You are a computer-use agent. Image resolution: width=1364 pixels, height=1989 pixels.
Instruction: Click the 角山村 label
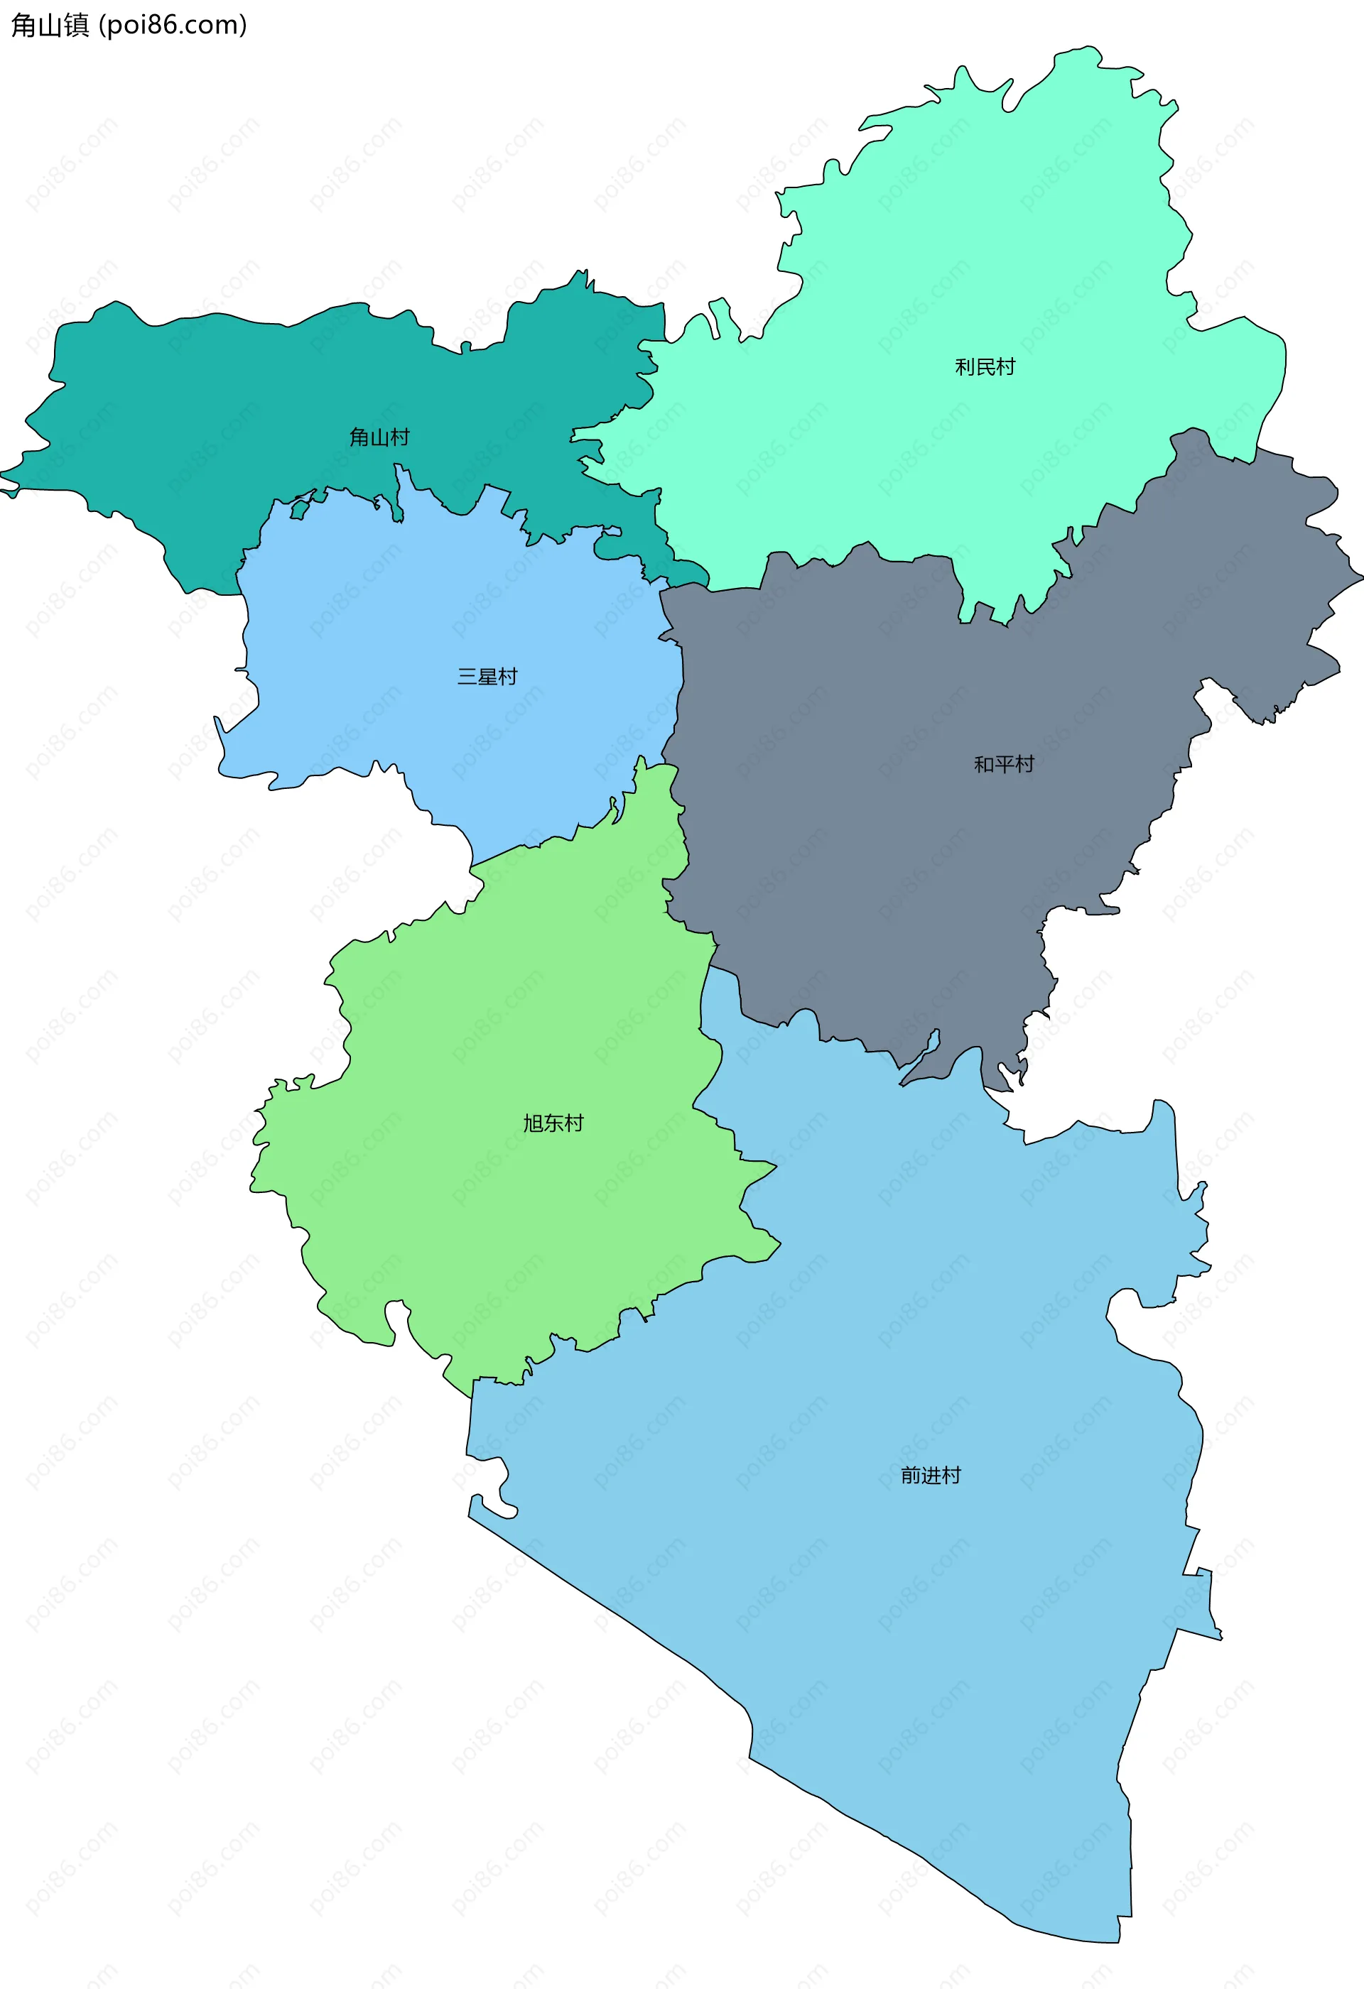coord(379,437)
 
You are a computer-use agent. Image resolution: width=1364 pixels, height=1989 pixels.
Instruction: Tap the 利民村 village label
coord(985,367)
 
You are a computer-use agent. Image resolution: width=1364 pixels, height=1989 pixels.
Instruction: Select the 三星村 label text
coord(487,677)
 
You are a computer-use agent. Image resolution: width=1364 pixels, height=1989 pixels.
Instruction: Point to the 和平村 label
coord(1004,764)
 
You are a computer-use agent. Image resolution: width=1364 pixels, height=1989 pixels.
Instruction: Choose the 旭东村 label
coord(553,1123)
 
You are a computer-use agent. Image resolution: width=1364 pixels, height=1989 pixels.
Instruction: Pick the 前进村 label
coord(931,1475)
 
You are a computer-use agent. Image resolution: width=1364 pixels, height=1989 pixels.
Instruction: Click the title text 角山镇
coord(50,26)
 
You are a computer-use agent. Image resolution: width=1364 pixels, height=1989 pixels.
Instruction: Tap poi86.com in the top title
coord(173,26)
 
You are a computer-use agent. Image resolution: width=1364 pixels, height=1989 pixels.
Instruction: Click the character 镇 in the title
coord(76,26)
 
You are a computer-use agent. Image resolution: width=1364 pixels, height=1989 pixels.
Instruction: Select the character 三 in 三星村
coord(467,677)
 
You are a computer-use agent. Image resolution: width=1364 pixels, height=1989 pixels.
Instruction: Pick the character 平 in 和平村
coord(1004,764)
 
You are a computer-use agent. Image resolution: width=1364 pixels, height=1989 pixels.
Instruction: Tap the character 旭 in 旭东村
coord(533,1123)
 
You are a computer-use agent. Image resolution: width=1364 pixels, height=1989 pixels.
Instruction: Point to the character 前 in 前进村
coord(910,1475)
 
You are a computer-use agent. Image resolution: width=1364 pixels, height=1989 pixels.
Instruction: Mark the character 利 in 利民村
coord(964,367)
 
